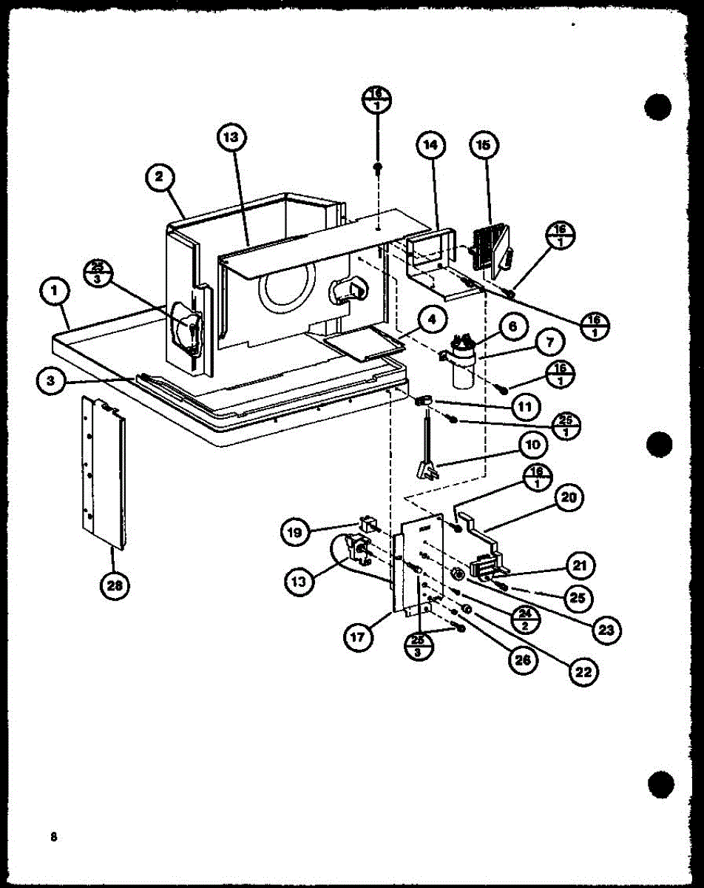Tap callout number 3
coord(50,380)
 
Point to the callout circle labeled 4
coord(432,320)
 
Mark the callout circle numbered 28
coord(115,586)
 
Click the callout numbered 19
coord(295,531)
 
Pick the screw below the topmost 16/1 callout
coord(378,169)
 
